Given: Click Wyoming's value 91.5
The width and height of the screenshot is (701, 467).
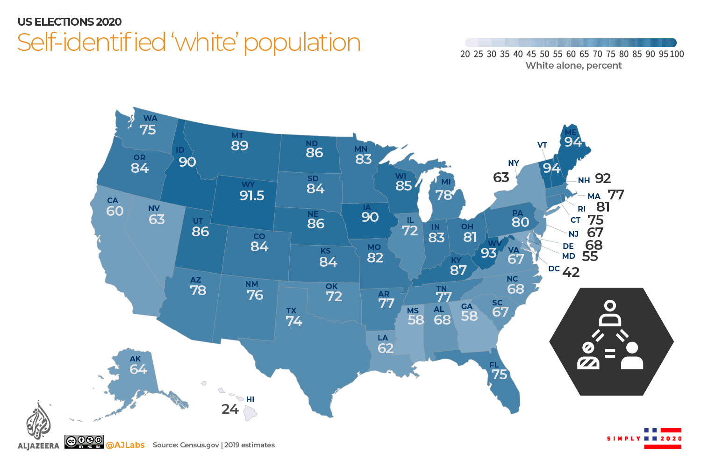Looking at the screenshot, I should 252,196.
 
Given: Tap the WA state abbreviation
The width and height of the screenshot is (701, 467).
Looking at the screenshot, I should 150,119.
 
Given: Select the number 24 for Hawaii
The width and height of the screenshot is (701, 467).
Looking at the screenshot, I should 230,410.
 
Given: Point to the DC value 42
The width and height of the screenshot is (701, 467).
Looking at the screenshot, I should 571,272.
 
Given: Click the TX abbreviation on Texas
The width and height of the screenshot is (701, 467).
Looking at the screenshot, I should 291,311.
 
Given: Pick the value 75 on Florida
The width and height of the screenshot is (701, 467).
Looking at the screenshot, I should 499,375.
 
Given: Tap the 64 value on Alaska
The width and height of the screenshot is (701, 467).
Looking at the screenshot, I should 138,369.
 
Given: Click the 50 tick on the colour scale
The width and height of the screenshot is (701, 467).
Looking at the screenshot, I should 544,54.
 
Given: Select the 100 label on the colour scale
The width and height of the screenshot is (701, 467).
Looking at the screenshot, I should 677,54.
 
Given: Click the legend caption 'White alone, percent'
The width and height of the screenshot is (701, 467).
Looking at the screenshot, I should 573,65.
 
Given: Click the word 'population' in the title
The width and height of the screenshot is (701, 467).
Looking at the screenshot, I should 302,43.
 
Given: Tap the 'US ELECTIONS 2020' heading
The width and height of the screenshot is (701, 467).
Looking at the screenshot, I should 70,22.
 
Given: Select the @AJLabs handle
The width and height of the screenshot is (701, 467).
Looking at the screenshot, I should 125,445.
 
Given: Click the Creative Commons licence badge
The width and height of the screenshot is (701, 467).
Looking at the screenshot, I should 84,442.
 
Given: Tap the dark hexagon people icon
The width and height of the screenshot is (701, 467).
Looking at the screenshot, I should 611,341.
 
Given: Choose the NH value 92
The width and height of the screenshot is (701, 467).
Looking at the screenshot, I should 603,179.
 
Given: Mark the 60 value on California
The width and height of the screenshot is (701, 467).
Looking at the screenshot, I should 114,211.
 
